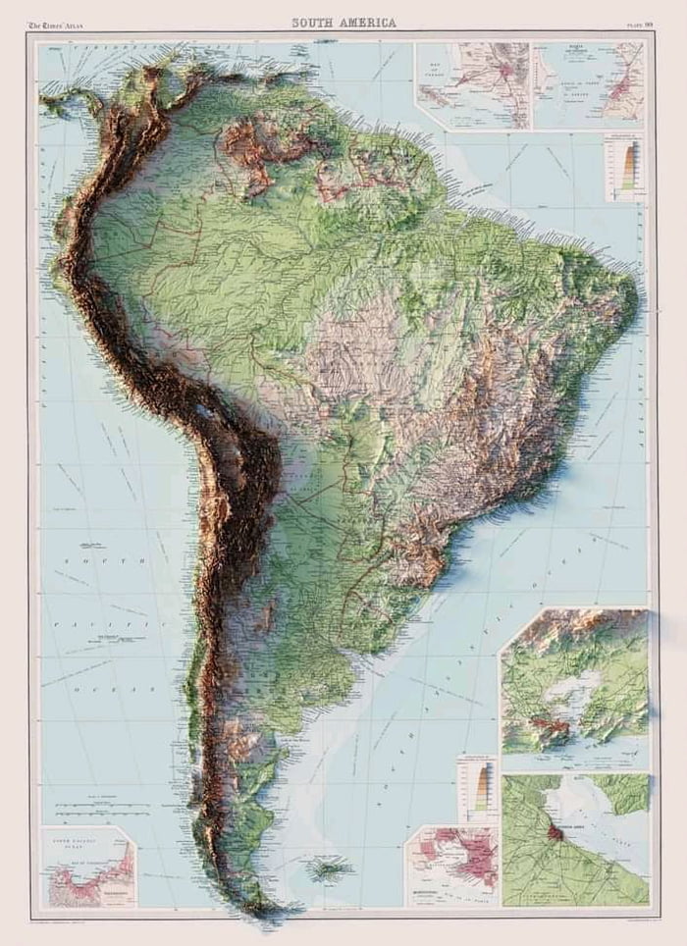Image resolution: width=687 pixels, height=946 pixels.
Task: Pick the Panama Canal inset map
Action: [471, 85]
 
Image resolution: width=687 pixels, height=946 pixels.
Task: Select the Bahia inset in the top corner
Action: [589, 85]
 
